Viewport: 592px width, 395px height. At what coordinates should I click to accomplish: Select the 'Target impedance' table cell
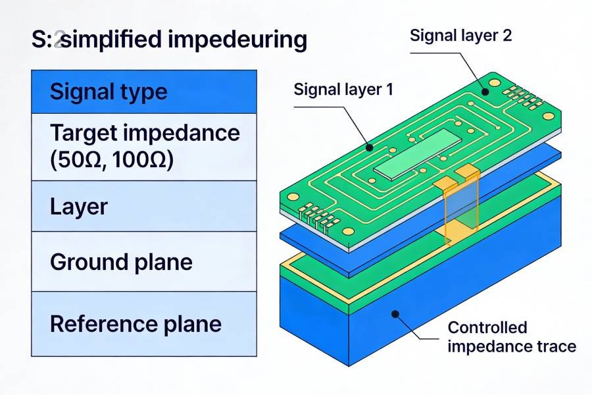143,147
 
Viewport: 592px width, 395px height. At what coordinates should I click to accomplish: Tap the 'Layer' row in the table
143,207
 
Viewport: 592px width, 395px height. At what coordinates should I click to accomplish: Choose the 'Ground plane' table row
143,262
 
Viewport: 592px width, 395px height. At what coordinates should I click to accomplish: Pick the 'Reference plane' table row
143,324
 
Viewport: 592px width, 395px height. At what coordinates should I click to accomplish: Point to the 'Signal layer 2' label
460,35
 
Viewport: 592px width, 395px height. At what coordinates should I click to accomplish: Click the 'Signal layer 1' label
343,89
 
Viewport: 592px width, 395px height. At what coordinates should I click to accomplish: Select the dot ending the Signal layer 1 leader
370,147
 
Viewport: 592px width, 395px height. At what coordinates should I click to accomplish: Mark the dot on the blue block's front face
395,315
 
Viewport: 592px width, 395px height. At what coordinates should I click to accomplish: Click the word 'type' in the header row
140,91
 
